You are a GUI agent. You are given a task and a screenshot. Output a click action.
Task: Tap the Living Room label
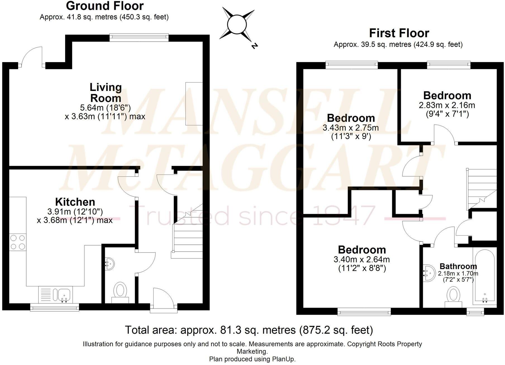click(106, 93)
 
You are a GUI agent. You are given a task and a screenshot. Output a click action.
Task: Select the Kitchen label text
click(75, 202)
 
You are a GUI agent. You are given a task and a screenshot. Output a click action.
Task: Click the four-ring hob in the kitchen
click(18, 242)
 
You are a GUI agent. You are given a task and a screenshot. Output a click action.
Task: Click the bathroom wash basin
click(429, 273)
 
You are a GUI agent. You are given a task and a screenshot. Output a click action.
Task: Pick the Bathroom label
click(458, 266)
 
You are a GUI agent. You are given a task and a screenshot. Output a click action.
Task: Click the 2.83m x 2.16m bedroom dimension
click(447, 105)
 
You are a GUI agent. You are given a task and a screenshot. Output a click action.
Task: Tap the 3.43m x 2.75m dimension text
click(351, 128)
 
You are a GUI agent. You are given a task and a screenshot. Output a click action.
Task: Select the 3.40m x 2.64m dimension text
click(362, 259)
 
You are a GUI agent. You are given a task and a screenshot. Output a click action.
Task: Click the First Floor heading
click(399, 33)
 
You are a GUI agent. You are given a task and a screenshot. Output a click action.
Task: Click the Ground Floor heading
click(105, 6)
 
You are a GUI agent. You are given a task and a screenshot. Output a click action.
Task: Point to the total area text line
click(249, 330)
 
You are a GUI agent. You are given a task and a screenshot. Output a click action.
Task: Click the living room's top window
click(139, 37)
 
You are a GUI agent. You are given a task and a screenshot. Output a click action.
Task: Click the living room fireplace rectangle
click(194, 104)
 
